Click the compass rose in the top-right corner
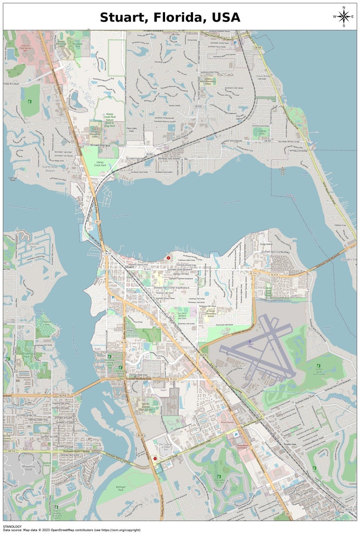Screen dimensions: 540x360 [344, 17]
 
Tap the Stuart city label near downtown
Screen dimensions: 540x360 [130, 268]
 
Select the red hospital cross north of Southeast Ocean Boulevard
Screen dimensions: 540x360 [169, 258]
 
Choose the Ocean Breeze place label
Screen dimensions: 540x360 [263, 76]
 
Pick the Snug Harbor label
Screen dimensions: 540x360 [266, 244]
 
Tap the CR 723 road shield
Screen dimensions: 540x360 [198, 106]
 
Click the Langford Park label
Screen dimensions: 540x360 [261, 133]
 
